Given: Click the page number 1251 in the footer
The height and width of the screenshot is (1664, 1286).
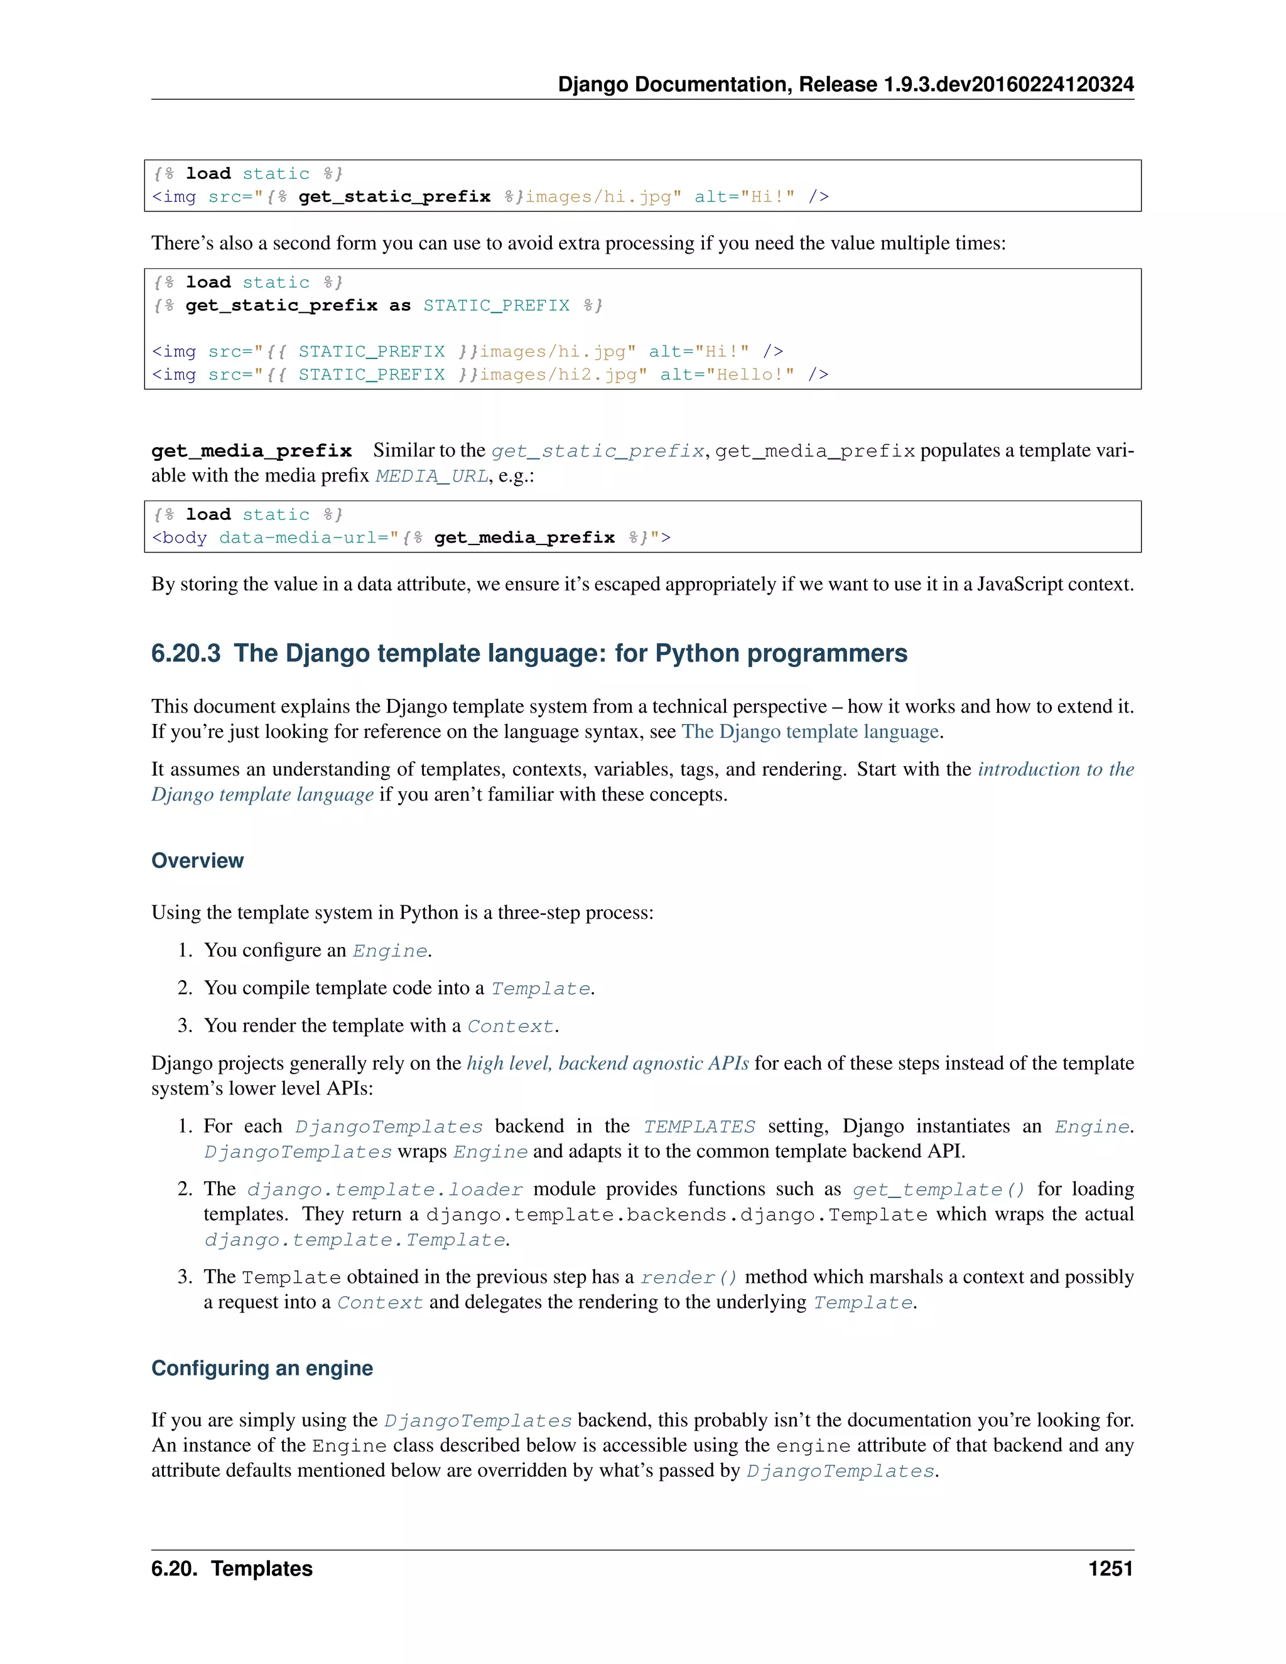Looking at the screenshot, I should (1110, 1569).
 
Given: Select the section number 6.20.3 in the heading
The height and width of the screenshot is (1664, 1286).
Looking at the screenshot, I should (186, 654).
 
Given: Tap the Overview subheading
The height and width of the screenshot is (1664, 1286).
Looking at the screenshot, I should (197, 861).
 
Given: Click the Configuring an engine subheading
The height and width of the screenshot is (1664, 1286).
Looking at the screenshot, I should (262, 1368).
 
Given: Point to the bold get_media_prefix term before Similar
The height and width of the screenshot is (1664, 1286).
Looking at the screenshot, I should (251, 451).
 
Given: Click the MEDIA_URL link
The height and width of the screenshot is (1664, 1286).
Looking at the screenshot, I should (431, 476).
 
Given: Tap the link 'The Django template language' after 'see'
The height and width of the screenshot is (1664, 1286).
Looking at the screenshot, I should (810, 732).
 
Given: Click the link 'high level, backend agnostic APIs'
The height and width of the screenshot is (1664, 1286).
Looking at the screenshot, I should (607, 1064).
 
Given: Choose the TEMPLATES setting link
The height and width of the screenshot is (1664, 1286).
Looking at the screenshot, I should (699, 1127).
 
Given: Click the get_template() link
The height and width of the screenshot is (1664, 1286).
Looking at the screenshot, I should (939, 1190).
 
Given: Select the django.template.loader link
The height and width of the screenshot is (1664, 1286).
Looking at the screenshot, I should (385, 1190).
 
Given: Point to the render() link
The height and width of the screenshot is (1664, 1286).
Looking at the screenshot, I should (688, 1278).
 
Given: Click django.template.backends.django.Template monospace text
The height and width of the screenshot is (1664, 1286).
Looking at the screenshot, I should (676, 1215).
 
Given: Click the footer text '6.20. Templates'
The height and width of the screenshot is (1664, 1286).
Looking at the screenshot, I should (232, 1569).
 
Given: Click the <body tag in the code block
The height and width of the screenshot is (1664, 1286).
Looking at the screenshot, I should (179, 538).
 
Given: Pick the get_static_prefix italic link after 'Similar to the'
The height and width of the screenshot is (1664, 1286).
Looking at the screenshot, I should (597, 451).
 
